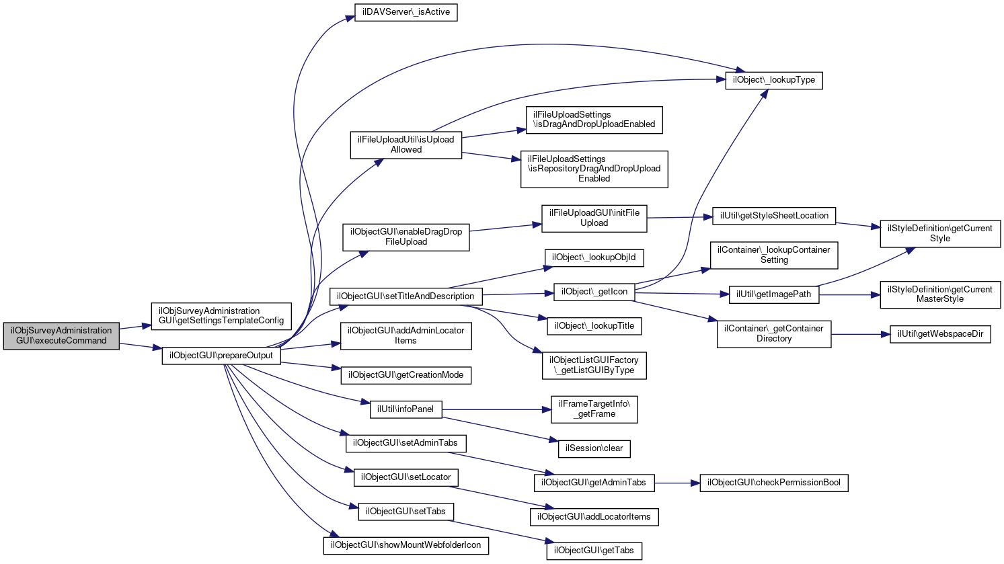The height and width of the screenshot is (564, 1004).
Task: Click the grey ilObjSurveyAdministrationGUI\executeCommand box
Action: click(x=61, y=336)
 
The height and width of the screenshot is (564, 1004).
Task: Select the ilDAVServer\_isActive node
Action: click(x=406, y=12)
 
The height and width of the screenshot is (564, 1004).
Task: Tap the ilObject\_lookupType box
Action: click(x=774, y=80)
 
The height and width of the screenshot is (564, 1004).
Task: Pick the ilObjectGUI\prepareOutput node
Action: click(x=221, y=356)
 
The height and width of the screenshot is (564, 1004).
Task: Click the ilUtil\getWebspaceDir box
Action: click(x=940, y=334)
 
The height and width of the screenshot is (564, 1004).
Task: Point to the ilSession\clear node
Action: click(x=594, y=449)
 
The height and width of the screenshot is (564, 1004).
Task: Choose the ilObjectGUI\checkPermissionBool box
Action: click(x=774, y=483)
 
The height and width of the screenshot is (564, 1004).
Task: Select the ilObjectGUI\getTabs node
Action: click(x=594, y=551)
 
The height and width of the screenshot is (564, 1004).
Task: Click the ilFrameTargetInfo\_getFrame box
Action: click(x=594, y=409)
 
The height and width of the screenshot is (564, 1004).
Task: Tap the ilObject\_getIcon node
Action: click(x=594, y=292)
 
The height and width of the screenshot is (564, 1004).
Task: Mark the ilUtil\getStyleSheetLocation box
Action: click(x=774, y=216)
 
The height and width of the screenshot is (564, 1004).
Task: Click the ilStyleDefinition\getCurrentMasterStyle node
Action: click(x=940, y=294)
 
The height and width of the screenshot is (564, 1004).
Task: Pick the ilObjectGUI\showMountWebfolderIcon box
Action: click(x=406, y=546)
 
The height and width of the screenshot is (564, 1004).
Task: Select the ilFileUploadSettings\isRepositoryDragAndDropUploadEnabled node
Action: click(x=594, y=169)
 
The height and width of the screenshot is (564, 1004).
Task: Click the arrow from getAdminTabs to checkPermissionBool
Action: click(x=677, y=483)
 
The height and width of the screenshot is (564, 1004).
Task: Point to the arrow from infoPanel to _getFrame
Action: click(x=497, y=409)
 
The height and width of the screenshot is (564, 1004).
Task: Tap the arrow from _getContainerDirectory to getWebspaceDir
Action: click(x=861, y=334)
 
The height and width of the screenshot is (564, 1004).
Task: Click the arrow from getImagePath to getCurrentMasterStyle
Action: click(x=849, y=294)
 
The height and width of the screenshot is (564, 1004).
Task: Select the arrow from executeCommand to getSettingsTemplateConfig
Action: click(x=135, y=327)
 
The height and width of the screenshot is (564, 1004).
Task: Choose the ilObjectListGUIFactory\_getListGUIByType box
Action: click(x=594, y=366)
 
